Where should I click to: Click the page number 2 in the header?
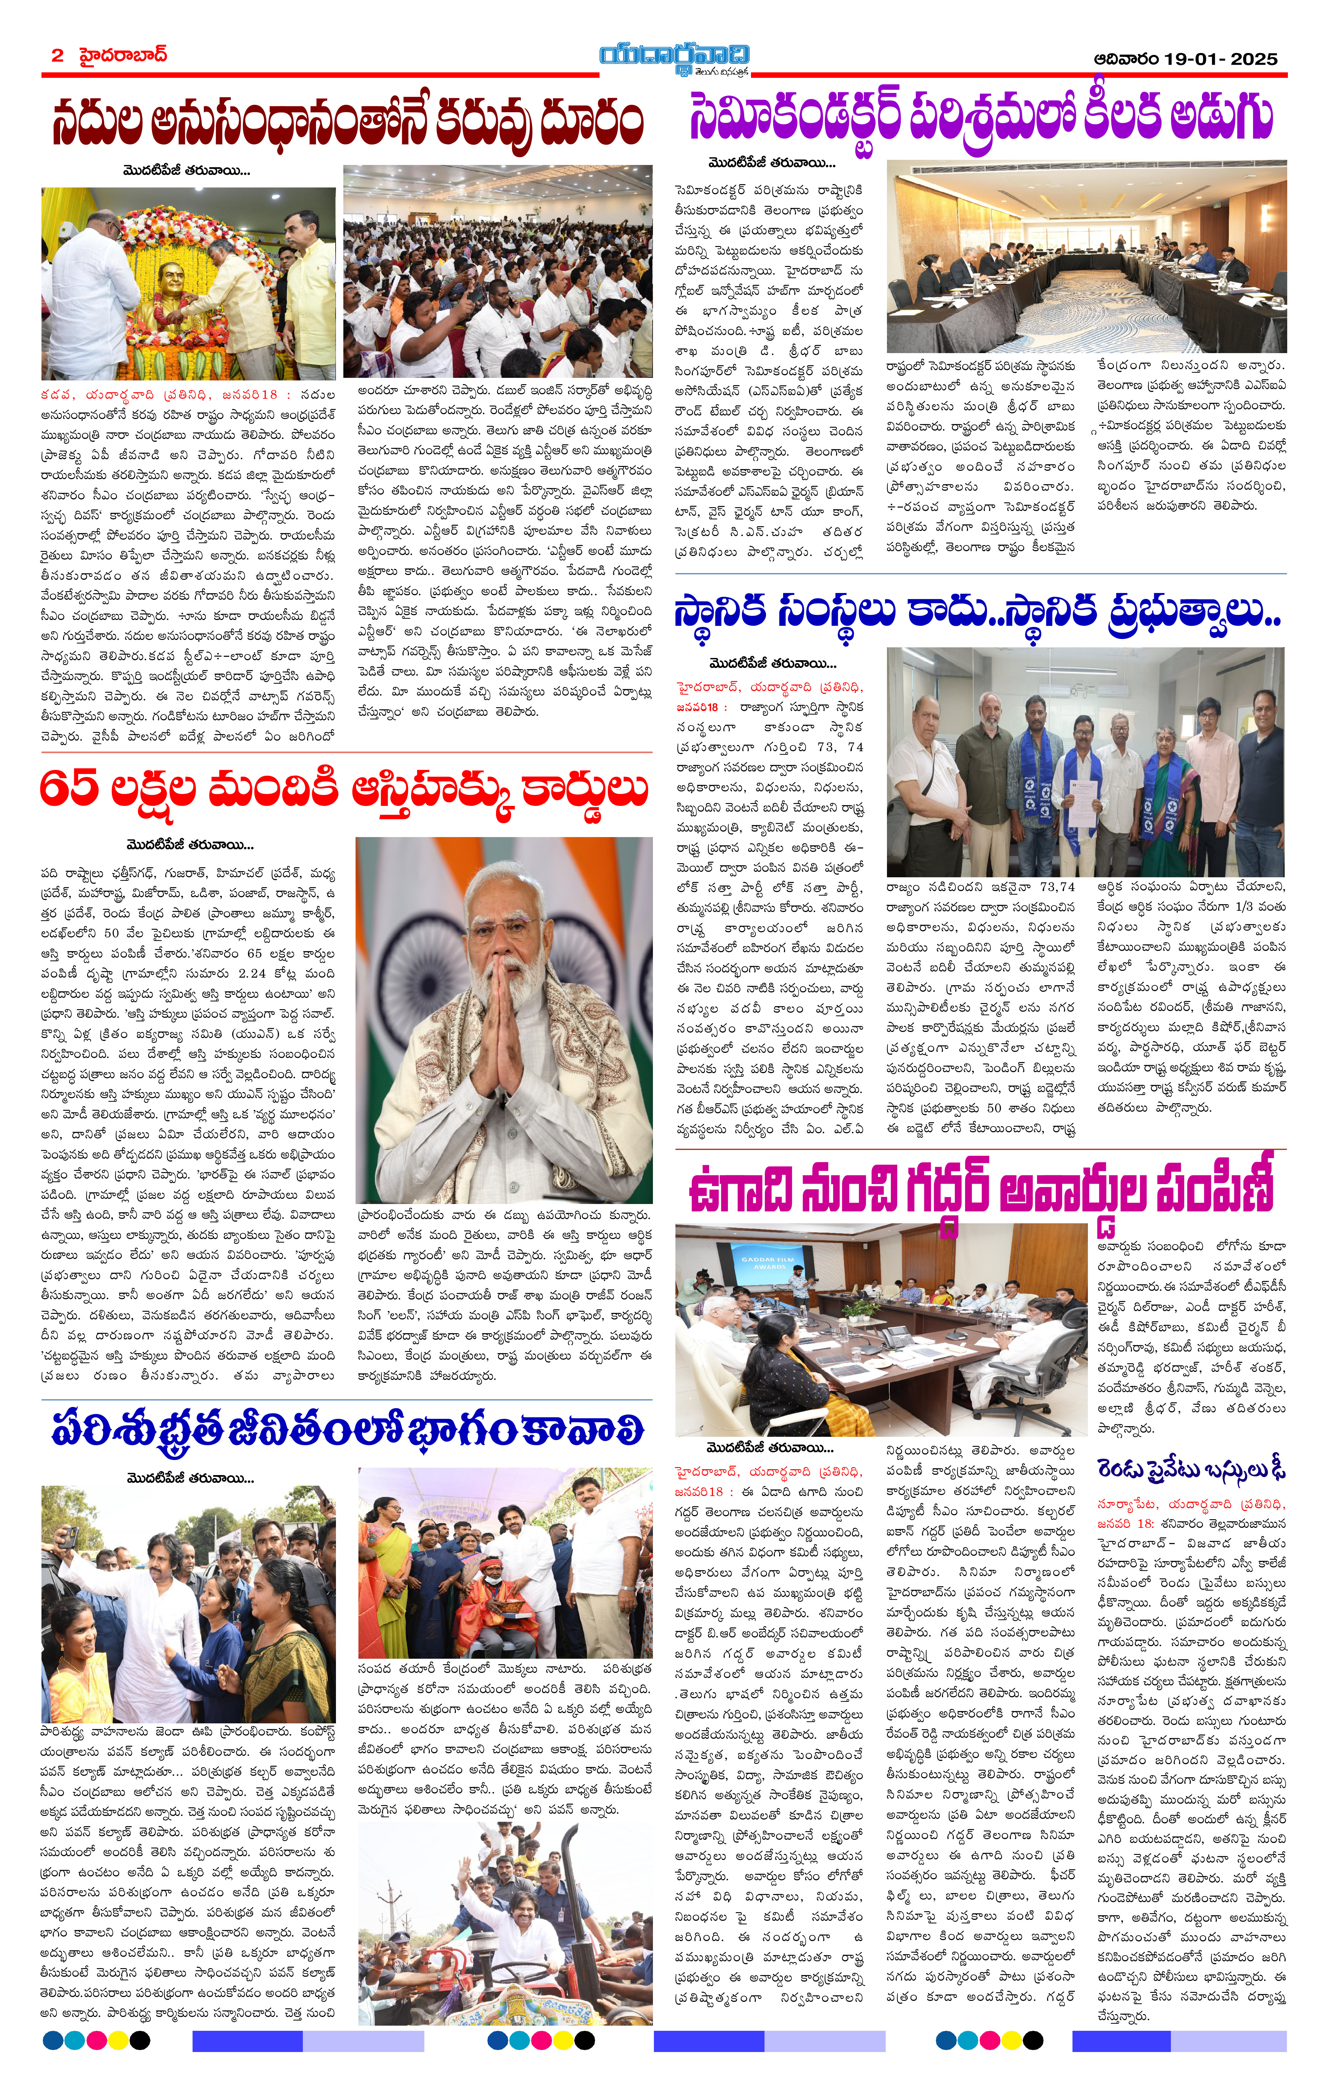tap(57, 56)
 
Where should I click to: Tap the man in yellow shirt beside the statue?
tap(308, 286)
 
